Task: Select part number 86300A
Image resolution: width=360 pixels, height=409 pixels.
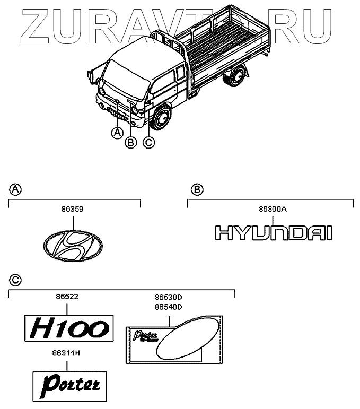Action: pyautogui.click(x=272, y=210)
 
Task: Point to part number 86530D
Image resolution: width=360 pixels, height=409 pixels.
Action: pyautogui.click(x=168, y=299)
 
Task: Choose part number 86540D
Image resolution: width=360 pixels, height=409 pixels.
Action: pyautogui.click(x=168, y=307)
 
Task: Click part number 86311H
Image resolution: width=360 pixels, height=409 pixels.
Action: pyautogui.click(x=67, y=351)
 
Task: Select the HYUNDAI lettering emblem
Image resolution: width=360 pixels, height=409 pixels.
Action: pyautogui.click(x=273, y=233)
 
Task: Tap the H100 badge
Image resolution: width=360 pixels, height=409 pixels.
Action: pyautogui.click(x=69, y=327)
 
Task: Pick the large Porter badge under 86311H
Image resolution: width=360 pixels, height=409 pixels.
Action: pyautogui.click(x=70, y=383)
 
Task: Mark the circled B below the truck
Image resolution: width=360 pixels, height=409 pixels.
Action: pyautogui.click(x=130, y=142)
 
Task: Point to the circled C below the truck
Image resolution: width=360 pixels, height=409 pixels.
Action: pyautogui.click(x=149, y=142)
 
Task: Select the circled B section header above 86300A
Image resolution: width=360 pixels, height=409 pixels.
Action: pyautogui.click(x=196, y=189)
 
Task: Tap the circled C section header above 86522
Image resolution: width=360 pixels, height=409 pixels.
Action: pyautogui.click(x=15, y=280)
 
